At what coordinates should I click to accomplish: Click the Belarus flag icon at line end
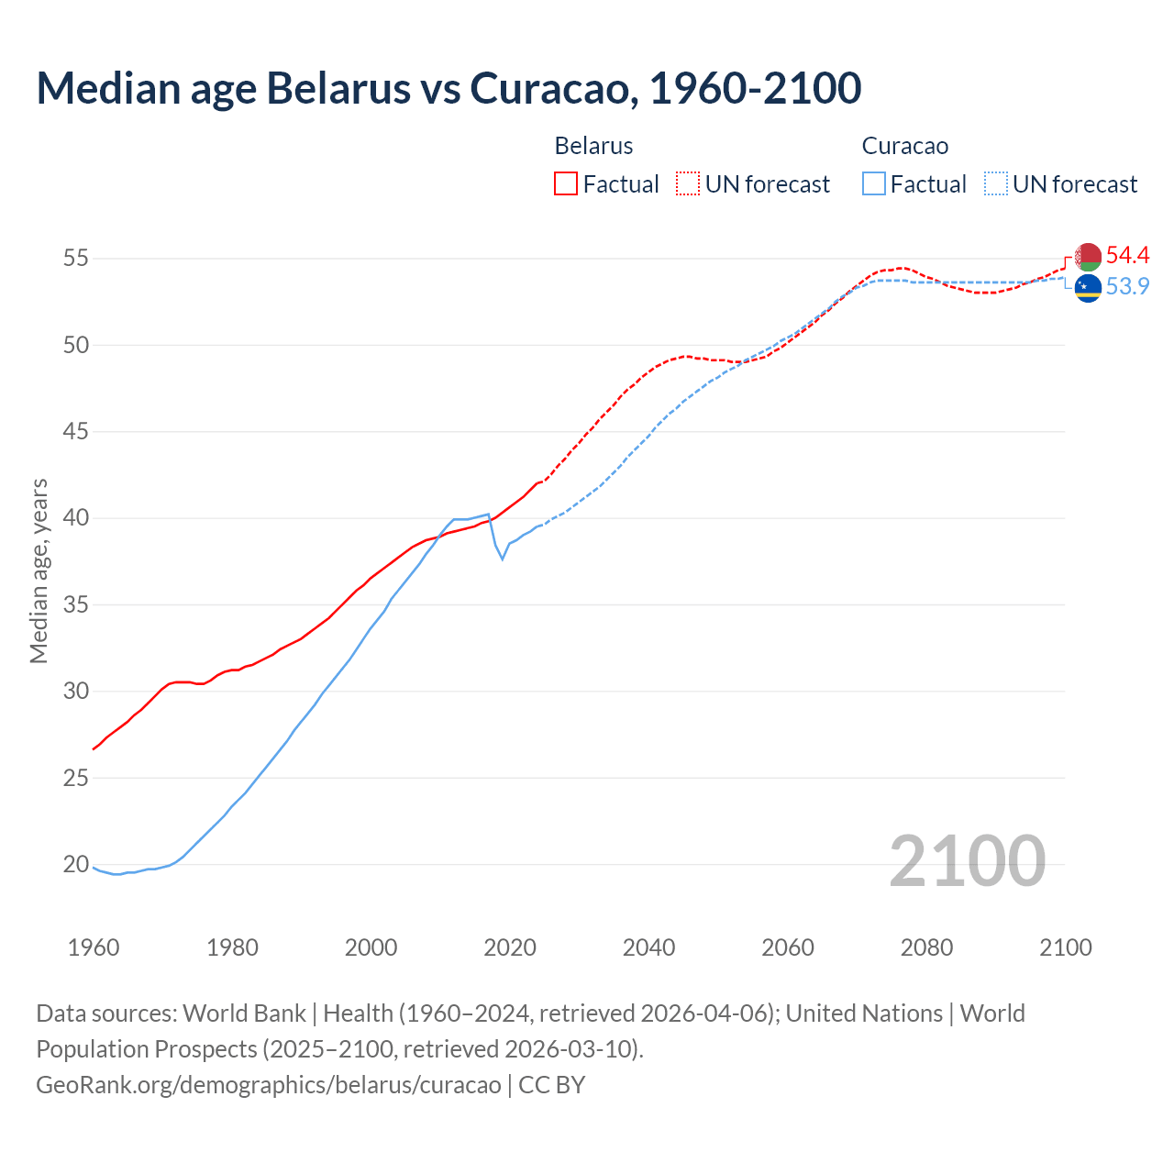[x=1088, y=257]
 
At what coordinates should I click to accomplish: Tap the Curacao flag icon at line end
[x=1088, y=288]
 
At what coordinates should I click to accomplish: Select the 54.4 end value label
[x=1127, y=255]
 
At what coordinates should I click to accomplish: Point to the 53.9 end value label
[x=1127, y=286]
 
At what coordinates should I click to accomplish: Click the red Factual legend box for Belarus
[x=566, y=184]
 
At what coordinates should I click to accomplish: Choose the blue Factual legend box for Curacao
[x=874, y=184]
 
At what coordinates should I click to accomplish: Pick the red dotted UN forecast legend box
[x=688, y=184]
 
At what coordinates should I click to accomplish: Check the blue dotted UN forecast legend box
[x=996, y=184]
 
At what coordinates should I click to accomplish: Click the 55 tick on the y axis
[x=75, y=259]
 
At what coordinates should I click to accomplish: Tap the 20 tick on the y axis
[x=75, y=864]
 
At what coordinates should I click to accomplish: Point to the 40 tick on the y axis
[x=75, y=518]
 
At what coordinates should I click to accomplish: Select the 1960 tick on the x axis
[x=94, y=947]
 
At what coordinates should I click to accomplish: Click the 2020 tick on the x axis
[x=510, y=947]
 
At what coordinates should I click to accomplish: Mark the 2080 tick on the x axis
[x=926, y=947]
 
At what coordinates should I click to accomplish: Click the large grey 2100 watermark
[x=967, y=860]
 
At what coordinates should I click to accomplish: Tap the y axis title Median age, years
[x=39, y=570]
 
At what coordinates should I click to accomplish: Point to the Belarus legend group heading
[x=593, y=146]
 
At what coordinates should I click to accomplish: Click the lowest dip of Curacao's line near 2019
[x=502, y=559]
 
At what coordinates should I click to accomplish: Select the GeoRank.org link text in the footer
[x=268, y=1084]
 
